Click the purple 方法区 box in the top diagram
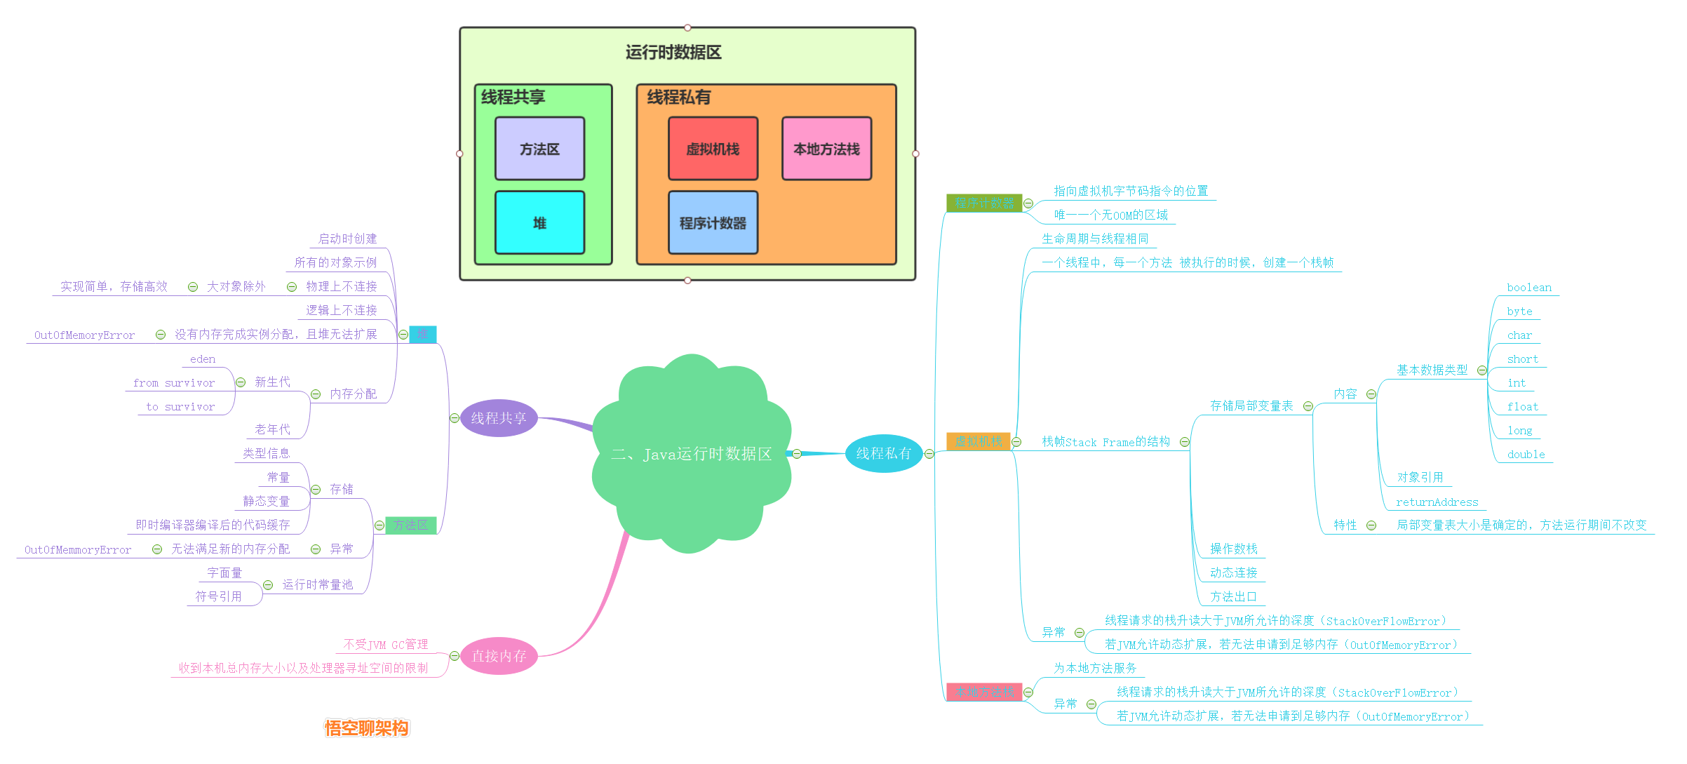tap(539, 149)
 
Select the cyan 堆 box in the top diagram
tap(539, 222)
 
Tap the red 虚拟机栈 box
tap(713, 149)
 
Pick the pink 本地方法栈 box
tap(826, 149)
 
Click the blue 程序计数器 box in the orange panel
tap(713, 222)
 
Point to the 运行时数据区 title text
tap(673, 53)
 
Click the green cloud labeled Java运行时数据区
tap(691, 454)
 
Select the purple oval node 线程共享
tap(498, 418)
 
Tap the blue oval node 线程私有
tap(883, 453)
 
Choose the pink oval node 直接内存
tap(498, 656)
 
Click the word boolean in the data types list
tap(1528, 288)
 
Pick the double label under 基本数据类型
tap(1526, 455)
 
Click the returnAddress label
tap(1437, 502)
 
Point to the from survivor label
tap(174, 383)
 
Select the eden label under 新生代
tap(203, 359)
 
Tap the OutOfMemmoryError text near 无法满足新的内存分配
tap(78, 550)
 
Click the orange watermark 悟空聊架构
tap(366, 728)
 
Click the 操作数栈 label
tap(1233, 549)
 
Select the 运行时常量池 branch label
tap(317, 584)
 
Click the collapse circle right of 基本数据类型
tap(1482, 370)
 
